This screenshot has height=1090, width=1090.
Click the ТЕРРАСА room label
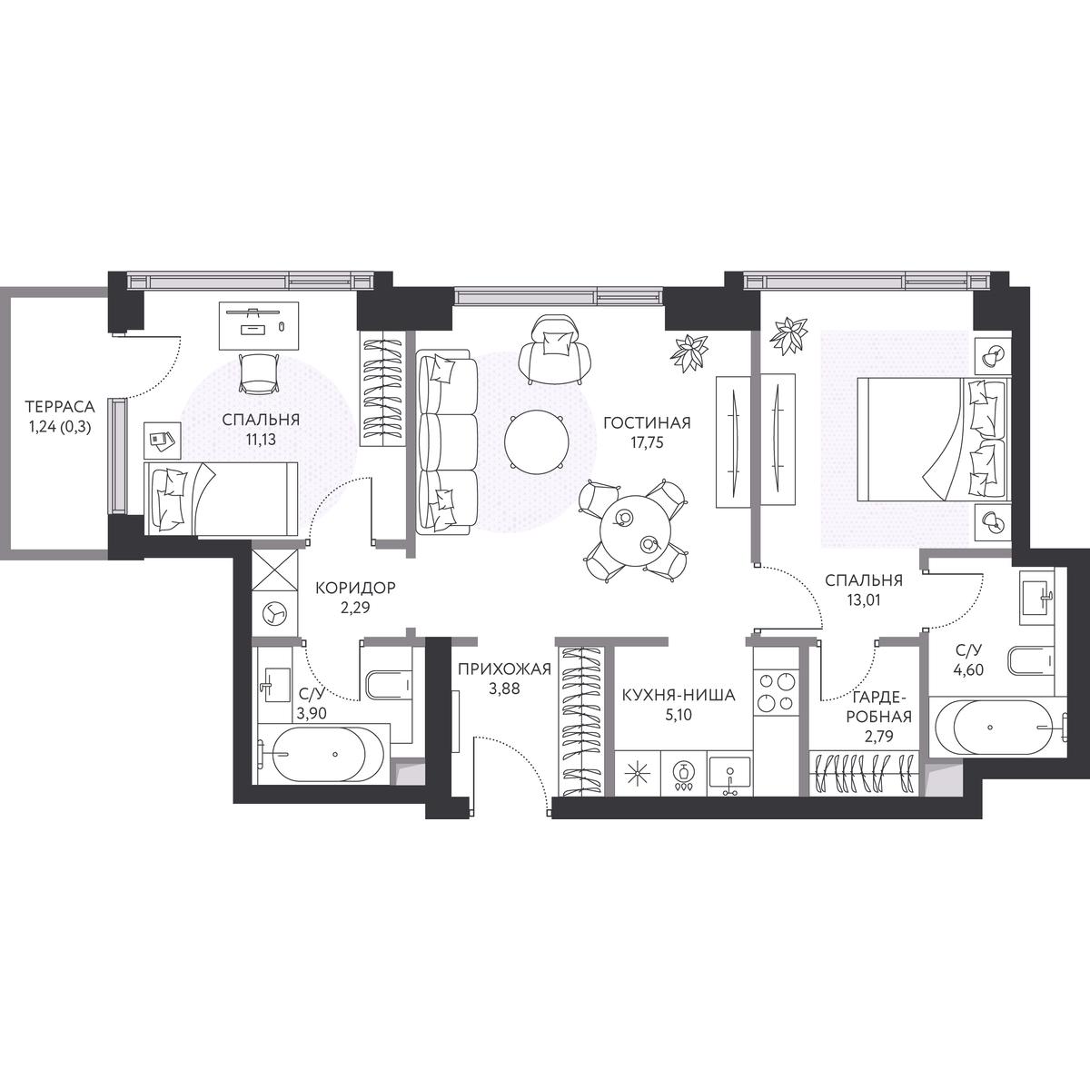coord(59,407)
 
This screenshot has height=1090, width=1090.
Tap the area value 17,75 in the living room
coord(647,442)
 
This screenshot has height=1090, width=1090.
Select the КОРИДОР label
coord(355,589)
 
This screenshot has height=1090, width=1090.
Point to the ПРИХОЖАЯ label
coord(504,669)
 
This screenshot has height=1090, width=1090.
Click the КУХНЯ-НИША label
coord(679,695)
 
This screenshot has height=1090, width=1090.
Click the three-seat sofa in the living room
coord(447,441)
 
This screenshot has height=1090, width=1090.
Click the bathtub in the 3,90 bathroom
coord(322,753)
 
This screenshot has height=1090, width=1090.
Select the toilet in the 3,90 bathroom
coord(389,685)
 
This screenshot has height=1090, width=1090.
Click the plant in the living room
coord(689,353)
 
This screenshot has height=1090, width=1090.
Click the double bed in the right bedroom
coord(933,440)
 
